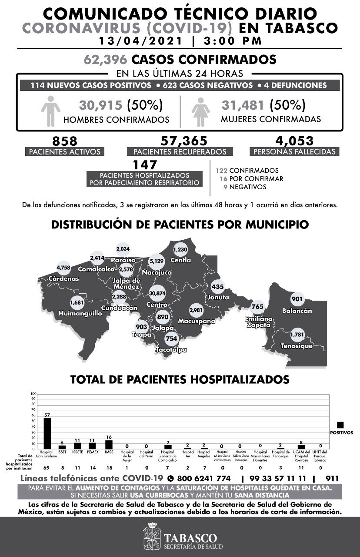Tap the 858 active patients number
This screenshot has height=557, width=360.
[x=64, y=141]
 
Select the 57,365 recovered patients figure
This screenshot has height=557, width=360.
[x=183, y=141]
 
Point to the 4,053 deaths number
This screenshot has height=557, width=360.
[x=294, y=141]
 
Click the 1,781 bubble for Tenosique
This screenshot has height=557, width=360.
[x=299, y=335]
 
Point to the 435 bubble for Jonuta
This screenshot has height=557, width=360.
[x=217, y=287]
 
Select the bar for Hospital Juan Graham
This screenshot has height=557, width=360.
[x=47, y=433]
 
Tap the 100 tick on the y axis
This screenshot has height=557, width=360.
[x=33, y=395]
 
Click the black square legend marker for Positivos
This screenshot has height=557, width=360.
[x=340, y=425]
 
